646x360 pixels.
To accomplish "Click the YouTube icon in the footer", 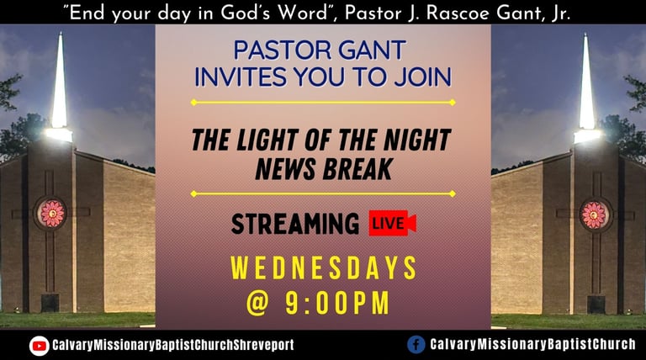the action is click(x=40, y=345).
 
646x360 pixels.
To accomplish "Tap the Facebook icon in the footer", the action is click(x=416, y=344).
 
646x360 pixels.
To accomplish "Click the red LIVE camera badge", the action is click(x=392, y=223).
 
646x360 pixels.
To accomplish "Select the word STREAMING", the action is click(x=295, y=224).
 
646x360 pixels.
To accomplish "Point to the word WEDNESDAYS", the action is click(x=323, y=268).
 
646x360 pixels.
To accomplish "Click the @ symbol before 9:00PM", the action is click(x=258, y=304).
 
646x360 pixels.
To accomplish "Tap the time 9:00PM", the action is click(x=337, y=303).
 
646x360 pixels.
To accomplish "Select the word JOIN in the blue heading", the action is click(x=423, y=77).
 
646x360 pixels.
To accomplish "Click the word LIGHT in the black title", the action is click(x=266, y=140).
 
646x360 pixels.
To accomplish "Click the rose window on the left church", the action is click(x=51, y=214).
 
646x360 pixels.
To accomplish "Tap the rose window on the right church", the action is click(x=594, y=215).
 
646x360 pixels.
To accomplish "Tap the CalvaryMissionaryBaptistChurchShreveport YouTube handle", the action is click(x=173, y=345).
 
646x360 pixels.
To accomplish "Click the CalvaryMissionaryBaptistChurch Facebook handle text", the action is click(x=532, y=344).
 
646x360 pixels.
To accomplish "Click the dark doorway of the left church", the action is click(x=50, y=303).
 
